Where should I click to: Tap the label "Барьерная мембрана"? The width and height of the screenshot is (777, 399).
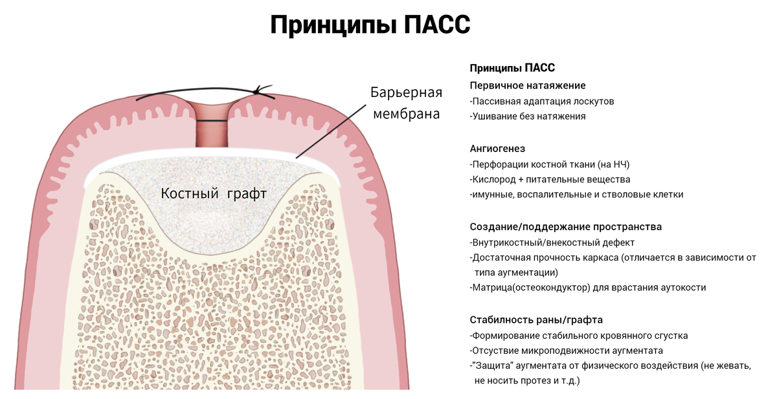406,103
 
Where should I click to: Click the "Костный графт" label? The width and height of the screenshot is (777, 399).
214,193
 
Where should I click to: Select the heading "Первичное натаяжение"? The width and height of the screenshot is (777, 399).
527,85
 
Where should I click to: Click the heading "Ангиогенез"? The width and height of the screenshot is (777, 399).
497,149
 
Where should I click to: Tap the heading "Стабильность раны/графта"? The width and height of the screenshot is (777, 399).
535,320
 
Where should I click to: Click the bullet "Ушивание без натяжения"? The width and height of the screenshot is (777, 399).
528,116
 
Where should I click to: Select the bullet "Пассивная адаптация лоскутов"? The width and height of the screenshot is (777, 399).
543,102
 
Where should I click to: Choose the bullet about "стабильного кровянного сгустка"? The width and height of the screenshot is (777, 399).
580,336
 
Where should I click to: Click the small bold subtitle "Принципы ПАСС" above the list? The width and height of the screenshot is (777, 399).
512,68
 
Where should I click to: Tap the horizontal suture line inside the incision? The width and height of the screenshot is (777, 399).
212,121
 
